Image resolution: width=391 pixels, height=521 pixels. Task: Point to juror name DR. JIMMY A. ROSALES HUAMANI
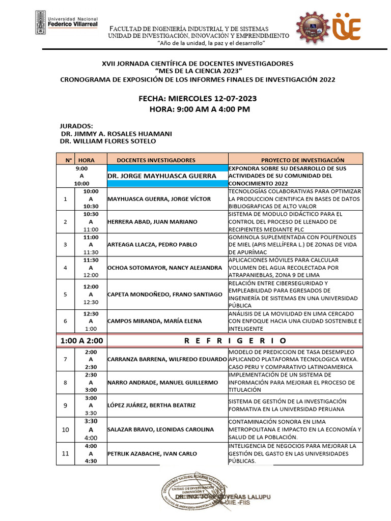pyautogui.click(x=116, y=133)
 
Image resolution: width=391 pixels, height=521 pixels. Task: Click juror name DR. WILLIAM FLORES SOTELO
pyautogui.click(x=108, y=141)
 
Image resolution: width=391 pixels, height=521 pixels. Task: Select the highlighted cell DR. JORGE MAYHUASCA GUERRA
pyautogui.click(x=167, y=176)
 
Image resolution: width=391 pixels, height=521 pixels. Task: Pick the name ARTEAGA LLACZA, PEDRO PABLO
pyautogui.click(x=152, y=245)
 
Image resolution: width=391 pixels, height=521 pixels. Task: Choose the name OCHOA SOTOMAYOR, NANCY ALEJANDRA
pyautogui.click(x=164, y=268)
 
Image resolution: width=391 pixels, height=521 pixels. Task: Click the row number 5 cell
pyautogui.click(x=65, y=294)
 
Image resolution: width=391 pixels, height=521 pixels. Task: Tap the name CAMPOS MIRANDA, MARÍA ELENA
pyautogui.click(x=147, y=321)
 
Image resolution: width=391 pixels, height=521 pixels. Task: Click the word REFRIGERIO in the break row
pyautogui.click(x=235, y=340)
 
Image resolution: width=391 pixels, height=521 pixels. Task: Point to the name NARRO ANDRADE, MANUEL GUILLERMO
pyautogui.click(x=163, y=382)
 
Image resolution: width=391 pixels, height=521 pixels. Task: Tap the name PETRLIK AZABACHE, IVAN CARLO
pyautogui.click(x=152, y=453)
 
